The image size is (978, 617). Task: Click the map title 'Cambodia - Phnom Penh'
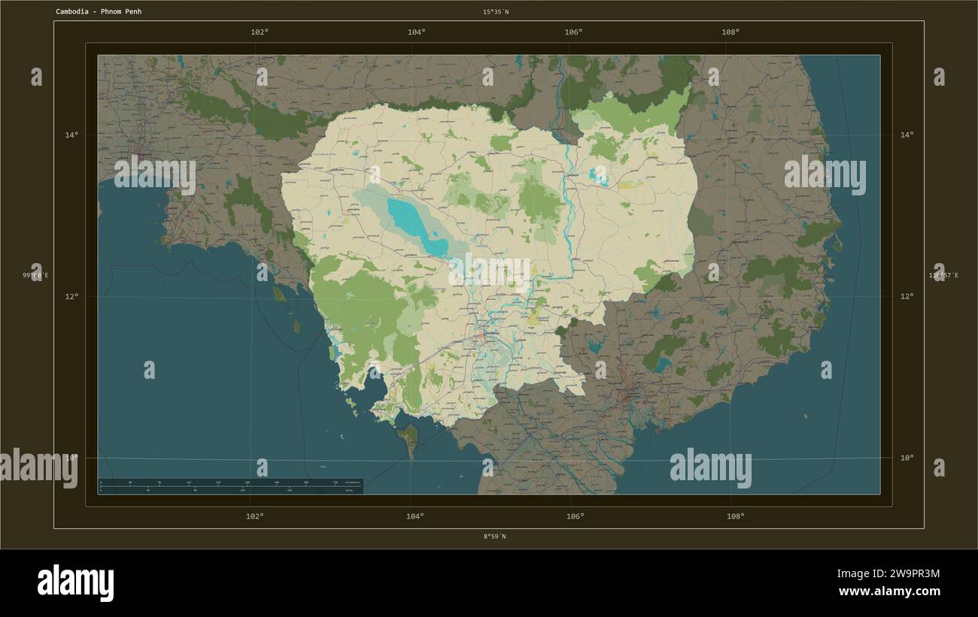pyautogui.click(x=99, y=12)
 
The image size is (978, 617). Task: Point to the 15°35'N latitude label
pyautogui.click(x=495, y=12)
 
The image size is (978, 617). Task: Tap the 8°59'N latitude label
pyautogui.click(x=494, y=537)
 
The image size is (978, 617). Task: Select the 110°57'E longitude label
pyautogui.click(x=941, y=276)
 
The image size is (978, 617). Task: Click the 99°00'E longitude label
pyautogui.click(x=35, y=276)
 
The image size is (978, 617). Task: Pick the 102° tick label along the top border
pyautogui.click(x=260, y=32)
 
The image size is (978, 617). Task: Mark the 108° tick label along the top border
pyautogui.click(x=730, y=32)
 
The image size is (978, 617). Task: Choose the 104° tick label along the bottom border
pyautogui.click(x=415, y=516)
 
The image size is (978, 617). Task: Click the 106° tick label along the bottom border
pyautogui.click(x=575, y=516)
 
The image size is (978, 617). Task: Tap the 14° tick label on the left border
pyautogui.click(x=71, y=135)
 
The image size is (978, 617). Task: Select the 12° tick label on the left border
pyautogui.click(x=71, y=296)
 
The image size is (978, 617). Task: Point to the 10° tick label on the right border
pyautogui.click(x=907, y=457)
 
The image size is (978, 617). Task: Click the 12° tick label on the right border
pyautogui.click(x=907, y=296)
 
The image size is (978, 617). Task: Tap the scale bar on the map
pyautogui.click(x=229, y=486)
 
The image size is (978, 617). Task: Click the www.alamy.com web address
pyautogui.click(x=888, y=591)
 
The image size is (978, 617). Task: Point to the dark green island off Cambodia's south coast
pyautogui.click(x=410, y=440)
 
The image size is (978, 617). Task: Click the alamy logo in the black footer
pyautogui.click(x=75, y=582)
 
